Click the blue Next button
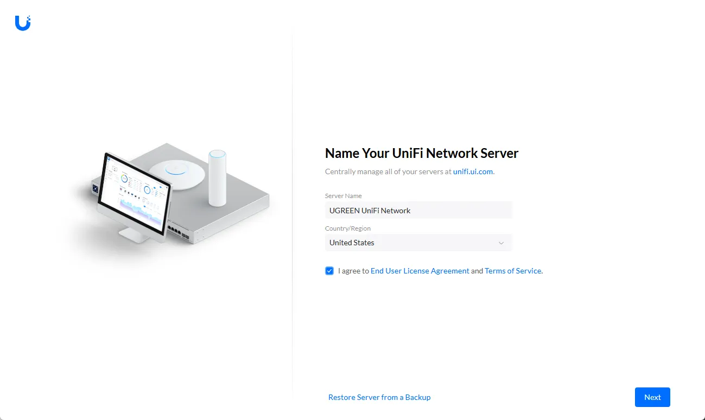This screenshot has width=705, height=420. pyautogui.click(x=652, y=397)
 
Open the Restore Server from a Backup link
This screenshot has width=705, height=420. pyautogui.click(x=379, y=397)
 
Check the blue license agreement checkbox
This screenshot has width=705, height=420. pyautogui.click(x=329, y=271)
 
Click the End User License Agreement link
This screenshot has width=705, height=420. pyautogui.click(x=420, y=271)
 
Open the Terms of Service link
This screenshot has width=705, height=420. pyautogui.click(x=513, y=271)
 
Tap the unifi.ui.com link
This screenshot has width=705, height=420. pyautogui.click(x=473, y=171)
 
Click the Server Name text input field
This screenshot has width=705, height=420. pyautogui.click(x=418, y=211)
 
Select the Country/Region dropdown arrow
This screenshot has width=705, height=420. pyautogui.click(x=501, y=243)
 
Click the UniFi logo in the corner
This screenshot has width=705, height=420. pyautogui.click(x=23, y=23)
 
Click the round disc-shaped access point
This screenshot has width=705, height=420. pyautogui.click(x=177, y=173)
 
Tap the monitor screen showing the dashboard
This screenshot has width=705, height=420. pyautogui.click(x=134, y=195)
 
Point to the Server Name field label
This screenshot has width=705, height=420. pyautogui.click(x=343, y=196)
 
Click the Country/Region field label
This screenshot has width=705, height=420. pyautogui.click(x=348, y=228)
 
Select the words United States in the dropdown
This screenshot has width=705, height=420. pyautogui.click(x=352, y=243)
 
